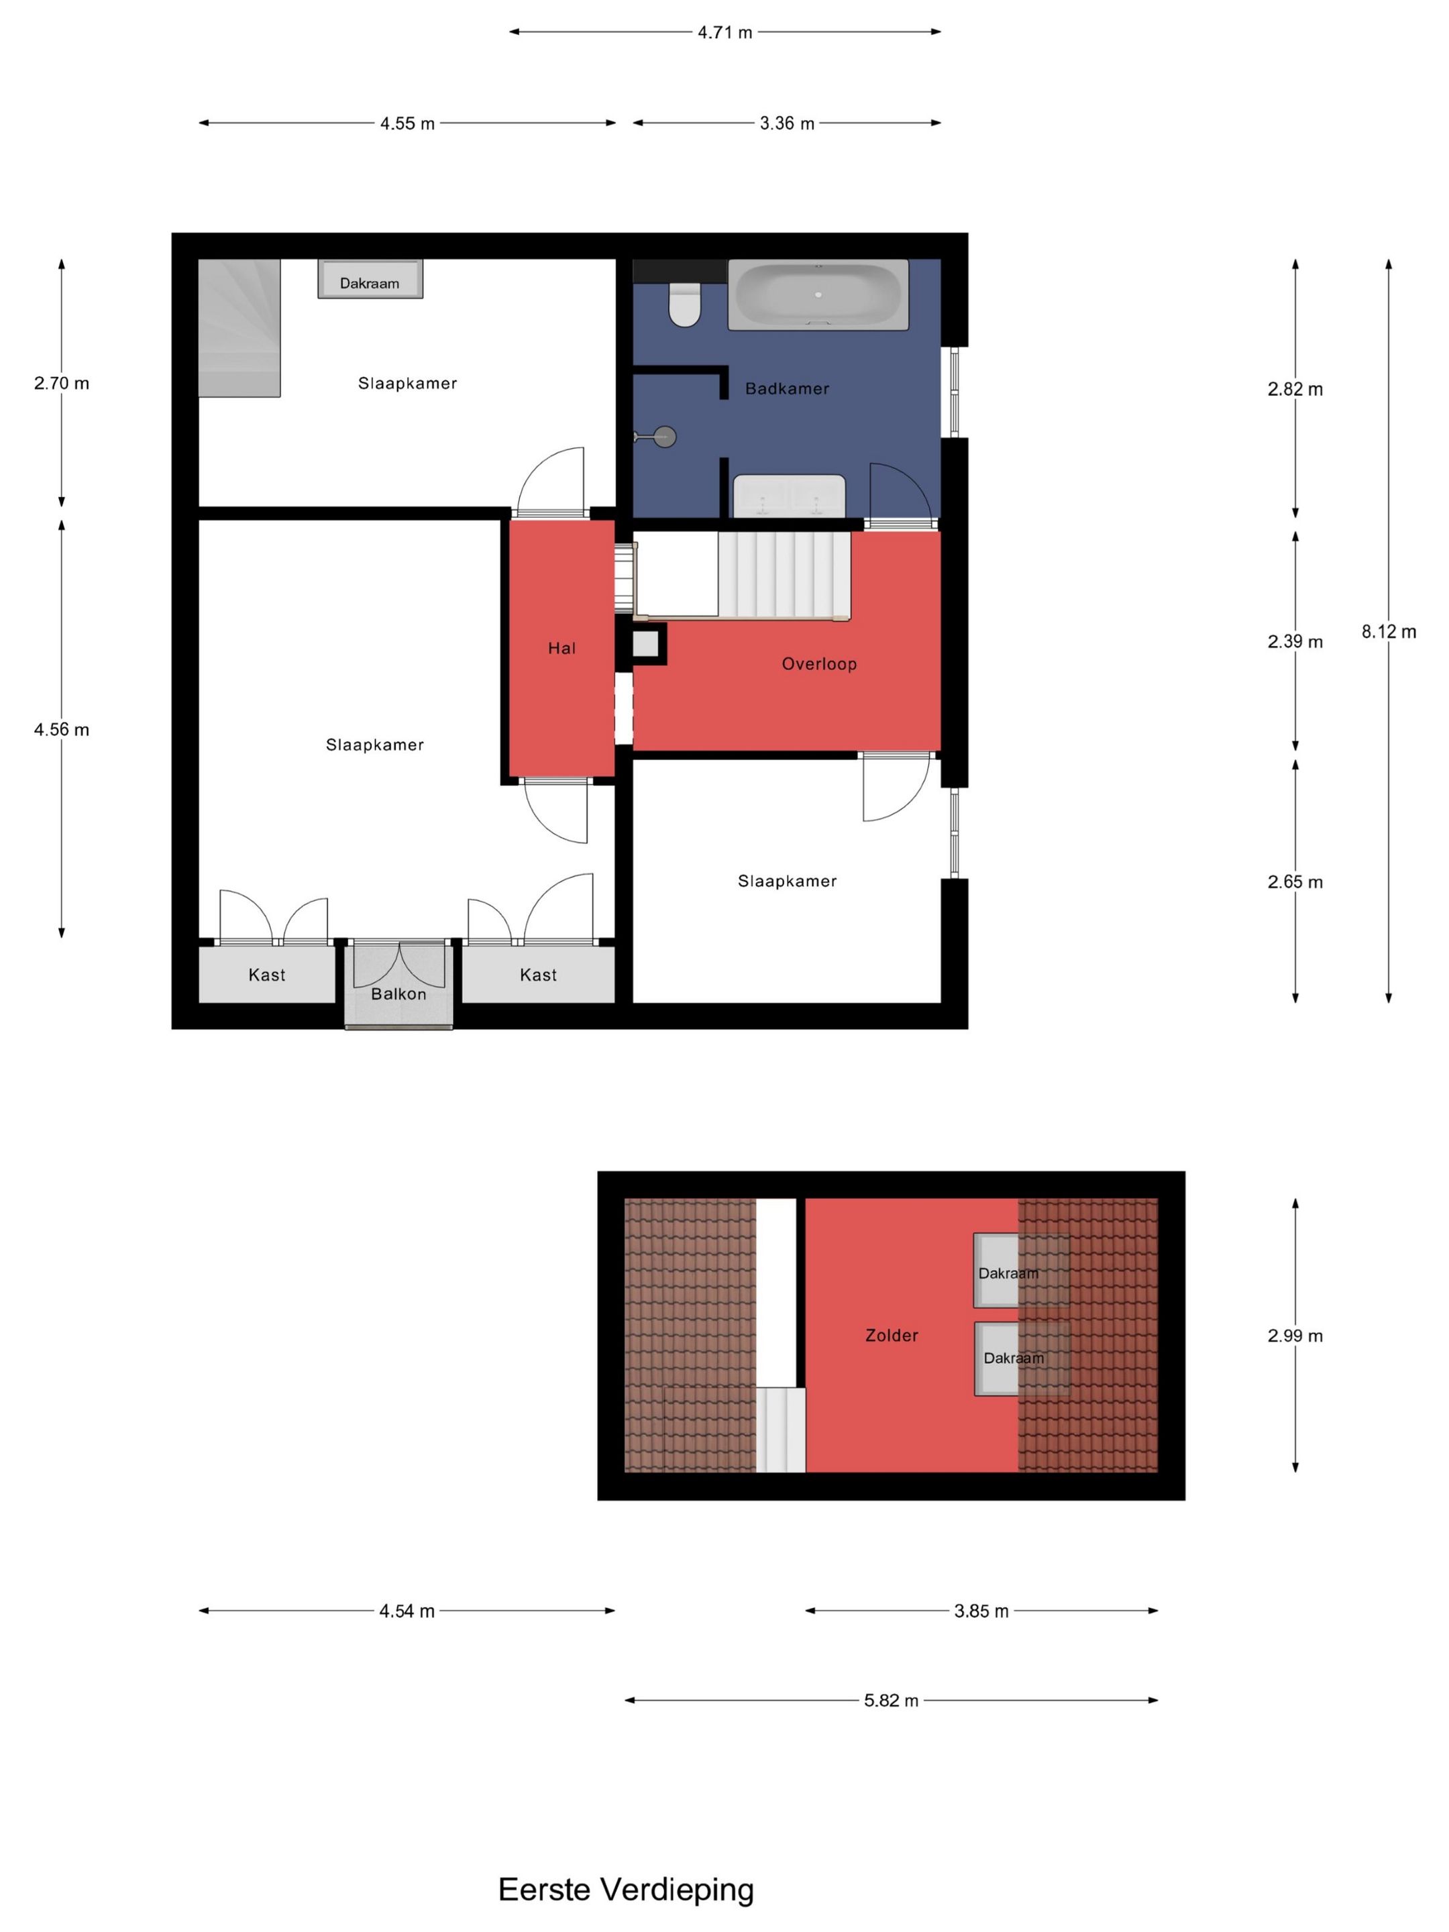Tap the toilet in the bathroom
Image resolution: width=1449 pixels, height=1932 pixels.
pos(684,304)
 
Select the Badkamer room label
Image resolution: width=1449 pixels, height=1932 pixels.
pos(786,388)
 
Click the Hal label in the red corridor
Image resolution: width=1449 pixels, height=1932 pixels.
pos(561,648)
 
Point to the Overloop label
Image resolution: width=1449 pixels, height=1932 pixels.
pos(818,664)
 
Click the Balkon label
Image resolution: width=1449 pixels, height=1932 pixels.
pos(398,994)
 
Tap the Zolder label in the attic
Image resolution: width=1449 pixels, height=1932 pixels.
pos(891,1336)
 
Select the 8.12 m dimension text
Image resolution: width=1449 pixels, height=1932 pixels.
pos(1388,631)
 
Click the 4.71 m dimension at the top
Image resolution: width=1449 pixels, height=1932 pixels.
pos(724,32)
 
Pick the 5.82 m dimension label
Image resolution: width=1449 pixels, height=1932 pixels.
pos(891,1701)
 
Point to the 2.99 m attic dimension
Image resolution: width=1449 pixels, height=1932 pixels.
pos(1295,1336)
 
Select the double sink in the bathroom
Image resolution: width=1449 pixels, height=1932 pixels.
pos(789,496)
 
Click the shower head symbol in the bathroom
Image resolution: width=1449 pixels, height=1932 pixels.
pos(664,437)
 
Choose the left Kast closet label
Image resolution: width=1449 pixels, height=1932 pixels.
pos(266,975)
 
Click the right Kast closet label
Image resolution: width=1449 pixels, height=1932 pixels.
pos(538,975)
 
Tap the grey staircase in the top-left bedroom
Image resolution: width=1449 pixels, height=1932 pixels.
pos(239,327)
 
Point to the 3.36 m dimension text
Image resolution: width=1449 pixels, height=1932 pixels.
pos(786,123)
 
